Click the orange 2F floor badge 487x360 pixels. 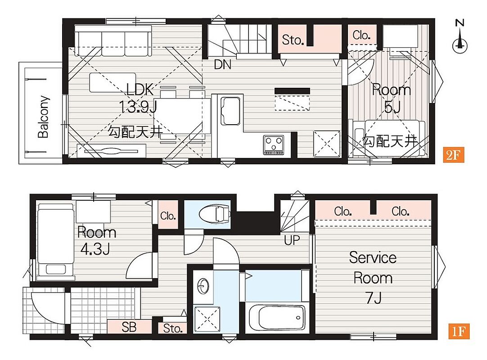point(453,155)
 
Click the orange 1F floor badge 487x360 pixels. point(459,331)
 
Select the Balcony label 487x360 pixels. point(44,117)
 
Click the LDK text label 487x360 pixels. point(140,90)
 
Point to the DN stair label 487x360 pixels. point(223,64)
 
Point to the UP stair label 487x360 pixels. point(292,240)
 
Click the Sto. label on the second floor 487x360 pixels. point(292,40)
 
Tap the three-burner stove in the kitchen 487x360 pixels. point(273,145)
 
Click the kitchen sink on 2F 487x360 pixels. point(230,111)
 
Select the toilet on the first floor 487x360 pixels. point(215,214)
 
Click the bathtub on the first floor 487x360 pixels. point(277,317)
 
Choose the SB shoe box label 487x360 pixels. point(129,327)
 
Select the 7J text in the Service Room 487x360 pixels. point(373,298)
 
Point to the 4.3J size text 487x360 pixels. point(95,249)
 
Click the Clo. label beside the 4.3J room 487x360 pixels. point(168,216)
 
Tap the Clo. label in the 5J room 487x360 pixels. point(361,35)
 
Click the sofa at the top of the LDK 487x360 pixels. point(113,40)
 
